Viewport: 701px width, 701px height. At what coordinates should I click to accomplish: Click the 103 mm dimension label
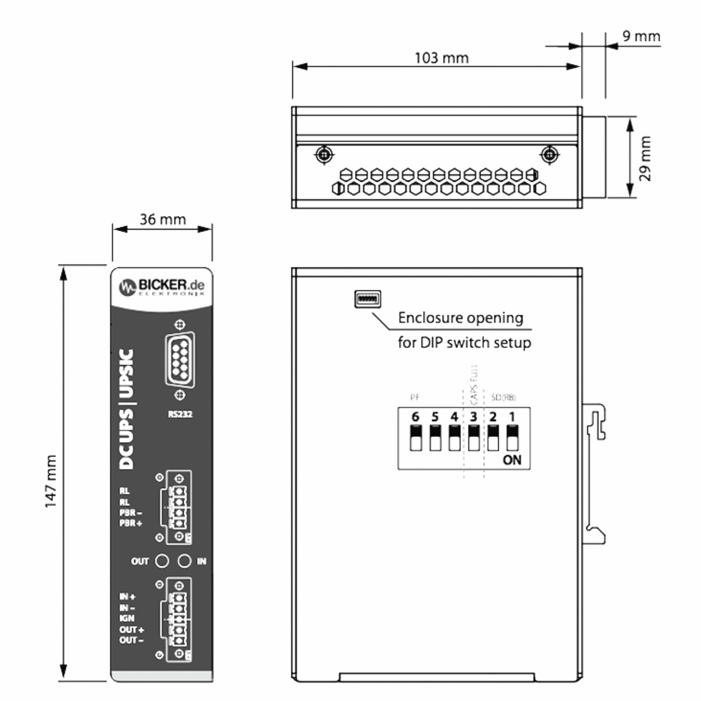point(441,58)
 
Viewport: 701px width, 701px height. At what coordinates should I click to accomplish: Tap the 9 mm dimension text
point(641,36)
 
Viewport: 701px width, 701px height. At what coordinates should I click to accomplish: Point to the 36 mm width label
point(163,220)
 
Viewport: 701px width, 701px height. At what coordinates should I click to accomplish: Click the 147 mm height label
point(51,481)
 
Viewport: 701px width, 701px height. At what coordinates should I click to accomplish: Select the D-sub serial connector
point(180,360)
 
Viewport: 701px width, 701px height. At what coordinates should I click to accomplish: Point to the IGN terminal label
point(127,618)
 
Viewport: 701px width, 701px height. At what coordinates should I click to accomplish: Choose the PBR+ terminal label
point(131,523)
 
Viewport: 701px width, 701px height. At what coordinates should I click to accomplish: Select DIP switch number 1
point(512,438)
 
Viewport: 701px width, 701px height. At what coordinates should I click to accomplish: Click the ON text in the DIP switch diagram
point(512,460)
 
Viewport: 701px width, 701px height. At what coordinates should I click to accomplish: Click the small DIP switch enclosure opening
point(367,299)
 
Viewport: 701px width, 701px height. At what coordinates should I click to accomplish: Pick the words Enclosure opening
point(460,318)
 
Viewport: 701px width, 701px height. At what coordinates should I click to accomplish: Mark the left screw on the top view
point(324,155)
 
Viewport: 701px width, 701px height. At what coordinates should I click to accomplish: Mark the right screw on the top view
point(549,155)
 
